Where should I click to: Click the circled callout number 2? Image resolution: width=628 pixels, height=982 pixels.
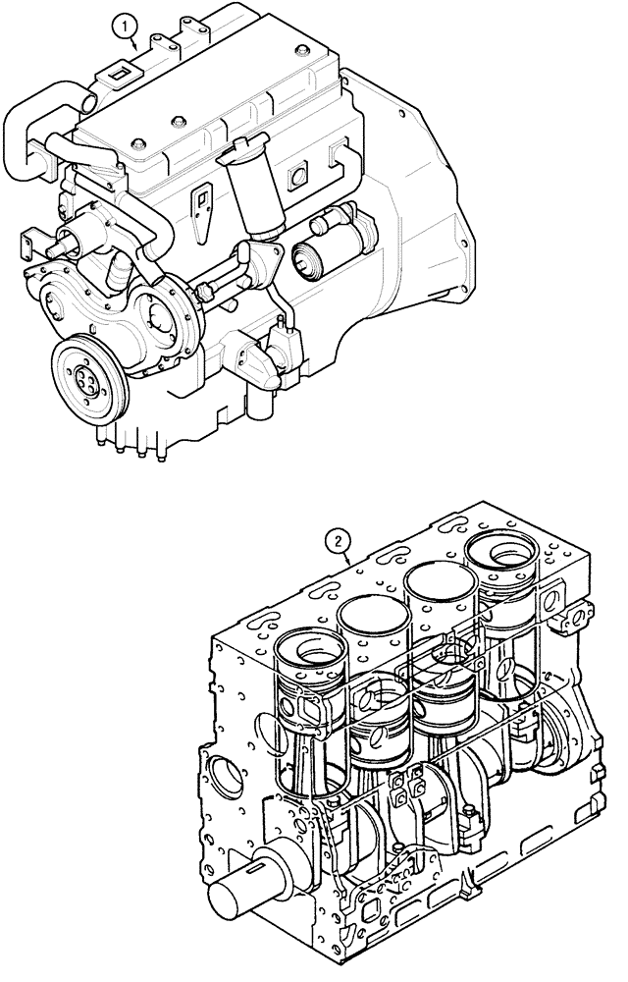338,539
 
